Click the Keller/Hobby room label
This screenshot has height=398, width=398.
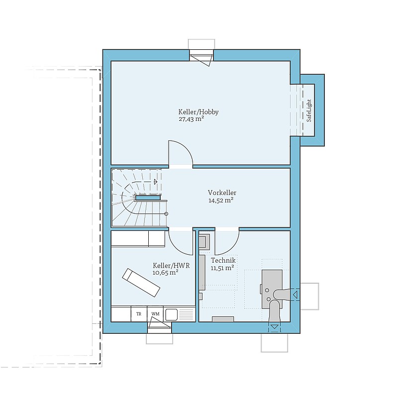[x=198, y=112]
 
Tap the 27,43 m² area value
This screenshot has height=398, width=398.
[x=192, y=119]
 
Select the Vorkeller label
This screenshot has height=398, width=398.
[x=222, y=193]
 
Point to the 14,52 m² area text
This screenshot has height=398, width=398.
[x=221, y=200]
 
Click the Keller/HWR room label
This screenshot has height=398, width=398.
[x=171, y=266]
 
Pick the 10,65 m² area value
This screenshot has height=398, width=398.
[x=166, y=273]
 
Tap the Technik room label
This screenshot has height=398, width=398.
[x=223, y=260]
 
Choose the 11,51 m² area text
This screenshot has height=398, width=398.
[x=222, y=268]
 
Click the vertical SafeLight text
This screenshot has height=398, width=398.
[x=308, y=110]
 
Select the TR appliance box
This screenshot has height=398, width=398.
[x=139, y=314]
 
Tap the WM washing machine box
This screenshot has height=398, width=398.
[x=155, y=314]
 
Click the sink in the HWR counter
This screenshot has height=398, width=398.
[x=171, y=314]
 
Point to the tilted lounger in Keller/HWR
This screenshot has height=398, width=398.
[x=141, y=283]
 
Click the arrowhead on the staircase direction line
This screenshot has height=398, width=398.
[x=156, y=182]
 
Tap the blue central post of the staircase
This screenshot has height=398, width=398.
[x=148, y=198]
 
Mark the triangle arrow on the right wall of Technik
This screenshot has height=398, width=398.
[x=295, y=295]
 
